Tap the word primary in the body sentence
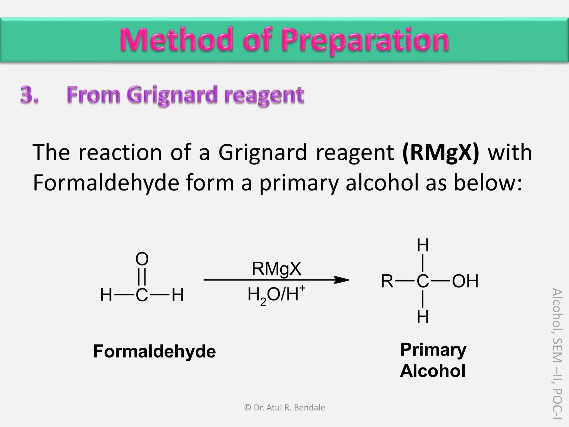coord(299,183)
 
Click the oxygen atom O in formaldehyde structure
coord(142,259)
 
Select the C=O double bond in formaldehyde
coord(142,277)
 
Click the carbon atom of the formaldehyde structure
coord(142,295)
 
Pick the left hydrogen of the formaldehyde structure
coord(106,295)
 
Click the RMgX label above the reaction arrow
coord(276,269)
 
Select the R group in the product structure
coord(387,281)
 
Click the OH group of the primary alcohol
coord(465,281)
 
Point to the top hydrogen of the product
coord(423,245)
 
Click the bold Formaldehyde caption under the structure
coord(154,351)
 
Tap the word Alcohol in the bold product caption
coord(433,371)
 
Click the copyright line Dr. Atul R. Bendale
coord(284,408)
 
